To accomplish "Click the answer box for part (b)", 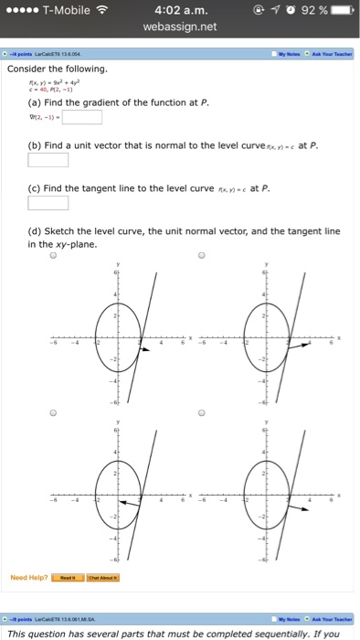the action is [48, 160].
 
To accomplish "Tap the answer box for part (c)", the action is [48, 203].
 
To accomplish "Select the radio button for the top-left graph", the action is [53, 257].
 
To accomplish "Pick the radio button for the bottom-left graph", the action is [53, 412].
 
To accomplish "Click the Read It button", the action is [68, 578].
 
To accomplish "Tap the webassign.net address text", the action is [179, 28].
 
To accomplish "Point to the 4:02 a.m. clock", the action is [179, 11].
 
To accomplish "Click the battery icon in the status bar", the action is [342, 11].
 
